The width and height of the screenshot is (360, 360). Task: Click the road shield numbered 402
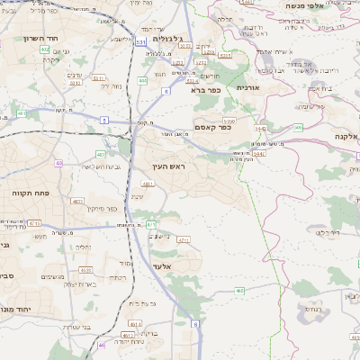[x=44, y=50]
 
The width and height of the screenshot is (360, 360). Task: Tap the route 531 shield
[x=140, y=41]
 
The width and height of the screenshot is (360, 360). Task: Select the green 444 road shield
[x=142, y=81]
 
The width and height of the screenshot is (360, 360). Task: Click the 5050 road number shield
[x=229, y=120]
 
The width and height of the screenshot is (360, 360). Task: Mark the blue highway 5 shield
[x=104, y=120]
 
